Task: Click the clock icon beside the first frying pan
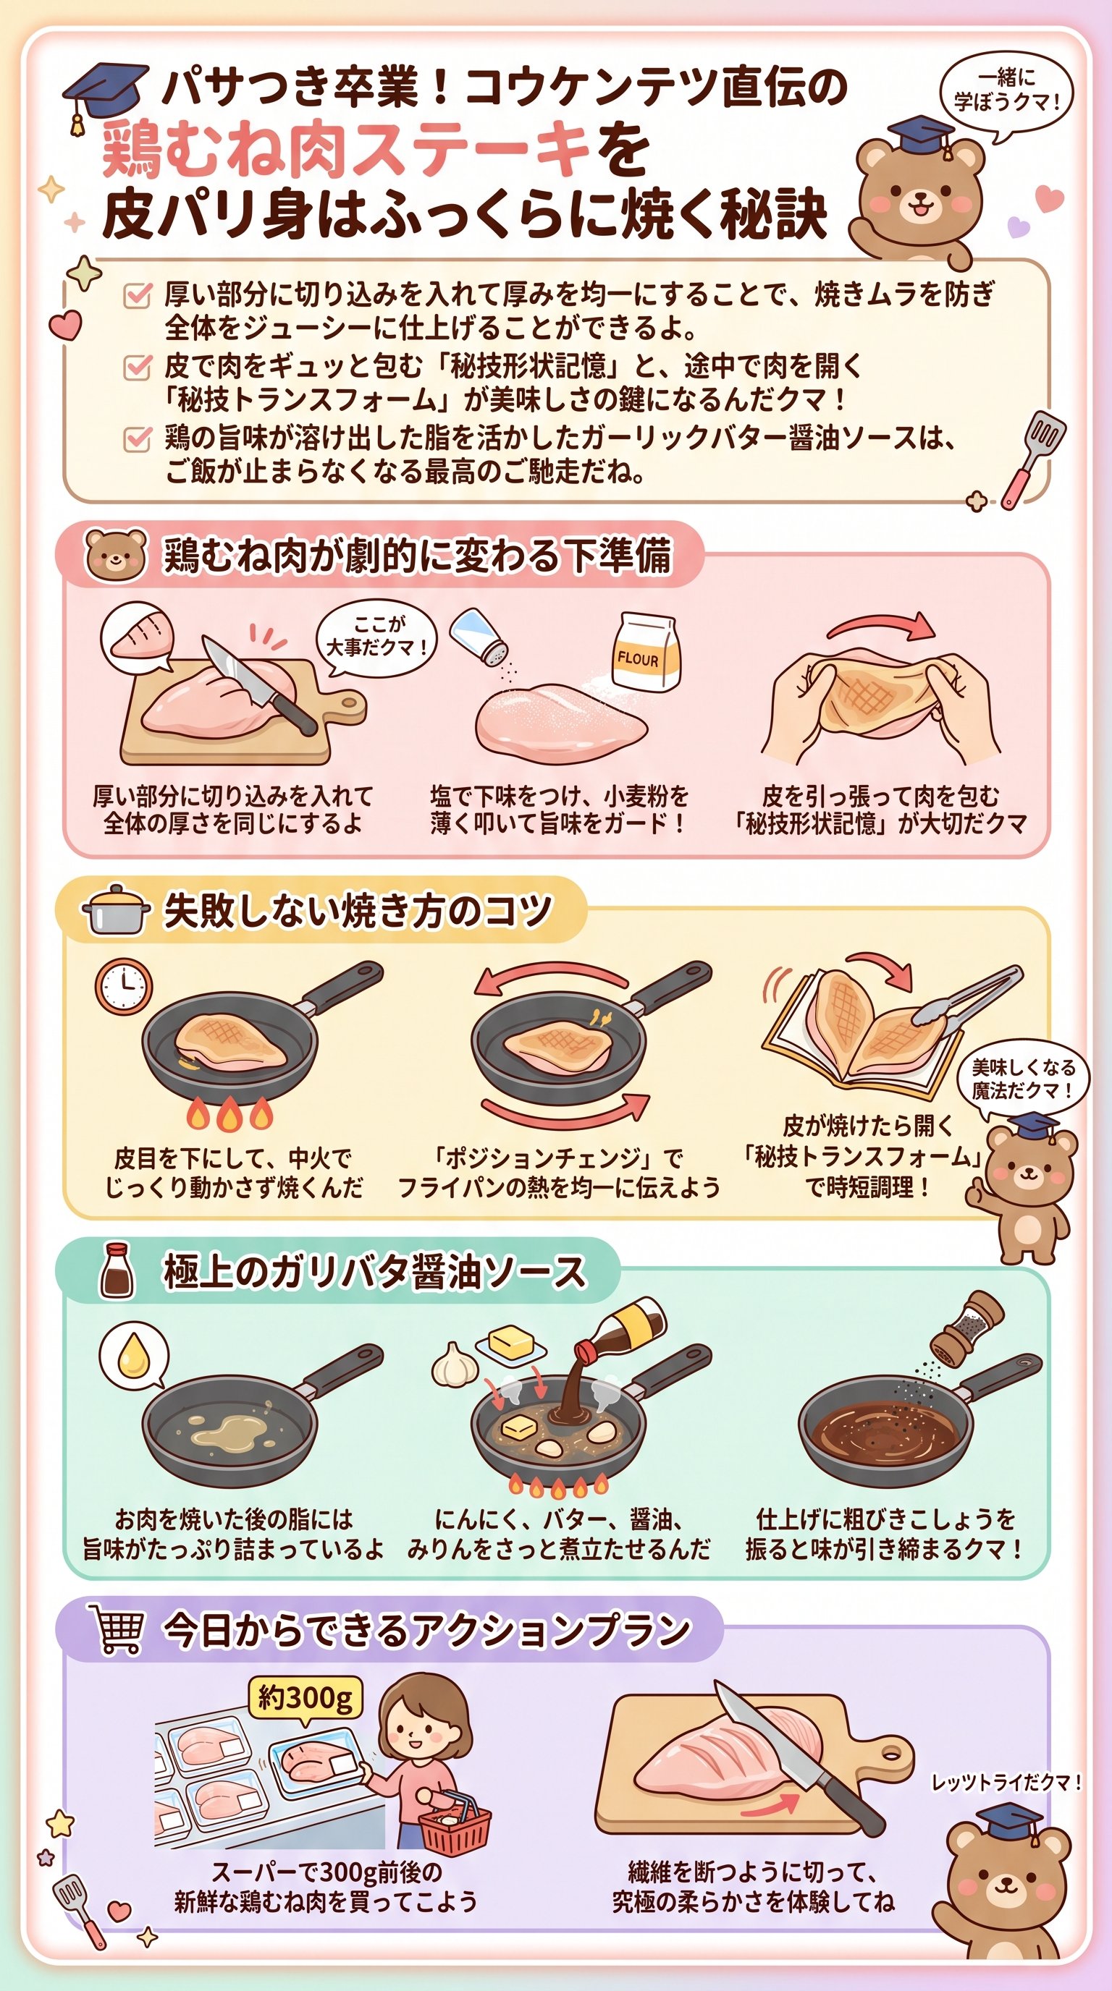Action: (124, 987)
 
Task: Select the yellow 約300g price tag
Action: (306, 1698)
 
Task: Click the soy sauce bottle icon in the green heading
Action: (117, 1271)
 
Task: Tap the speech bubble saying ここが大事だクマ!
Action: (377, 637)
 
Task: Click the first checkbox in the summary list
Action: (137, 294)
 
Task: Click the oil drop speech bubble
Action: (133, 1354)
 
